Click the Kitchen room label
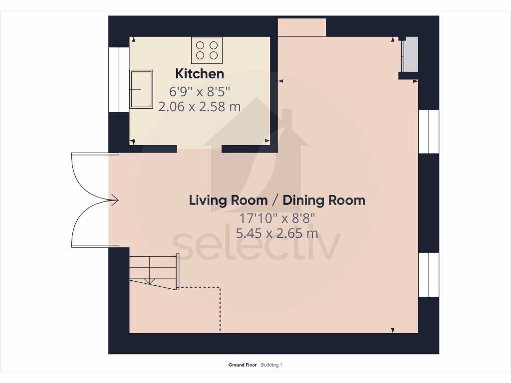click(200, 74)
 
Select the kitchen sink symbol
click(141, 89)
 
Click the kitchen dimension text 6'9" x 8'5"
click(200, 91)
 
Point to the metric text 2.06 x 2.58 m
click(200, 106)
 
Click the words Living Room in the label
click(228, 200)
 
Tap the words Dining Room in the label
click(324, 200)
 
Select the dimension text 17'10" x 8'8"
click(277, 218)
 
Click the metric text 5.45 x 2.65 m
click(277, 233)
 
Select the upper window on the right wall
click(429, 132)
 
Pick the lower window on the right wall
click(429, 274)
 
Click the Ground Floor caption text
click(243, 365)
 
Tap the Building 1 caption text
click(271, 365)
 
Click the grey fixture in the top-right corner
click(410, 55)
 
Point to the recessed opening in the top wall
click(301, 27)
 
